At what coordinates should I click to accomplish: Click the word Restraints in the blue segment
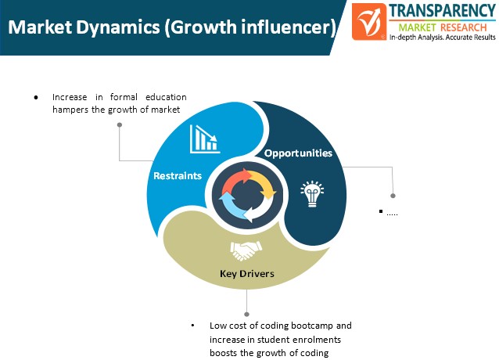tap(178, 176)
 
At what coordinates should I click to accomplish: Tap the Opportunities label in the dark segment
tap(298, 153)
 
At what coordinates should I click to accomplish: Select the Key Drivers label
tap(247, 274)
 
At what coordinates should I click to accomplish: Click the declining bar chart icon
tap(205, 139)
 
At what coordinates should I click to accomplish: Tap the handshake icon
tap(246, 250)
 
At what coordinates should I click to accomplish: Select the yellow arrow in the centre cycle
tap(263, 184)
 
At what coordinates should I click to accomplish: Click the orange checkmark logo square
tap(369, 22)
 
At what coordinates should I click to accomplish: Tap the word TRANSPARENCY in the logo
tap(443, 11)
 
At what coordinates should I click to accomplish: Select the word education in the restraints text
tap(166, 97)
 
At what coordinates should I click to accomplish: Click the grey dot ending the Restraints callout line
tap(120, 124)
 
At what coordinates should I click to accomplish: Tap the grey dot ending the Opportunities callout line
tap(393, 196)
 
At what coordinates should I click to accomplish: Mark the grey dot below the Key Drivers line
tap(246, 315)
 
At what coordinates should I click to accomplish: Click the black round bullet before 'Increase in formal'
tap(36, 97)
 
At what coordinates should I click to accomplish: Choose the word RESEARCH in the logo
tap(464, 27)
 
